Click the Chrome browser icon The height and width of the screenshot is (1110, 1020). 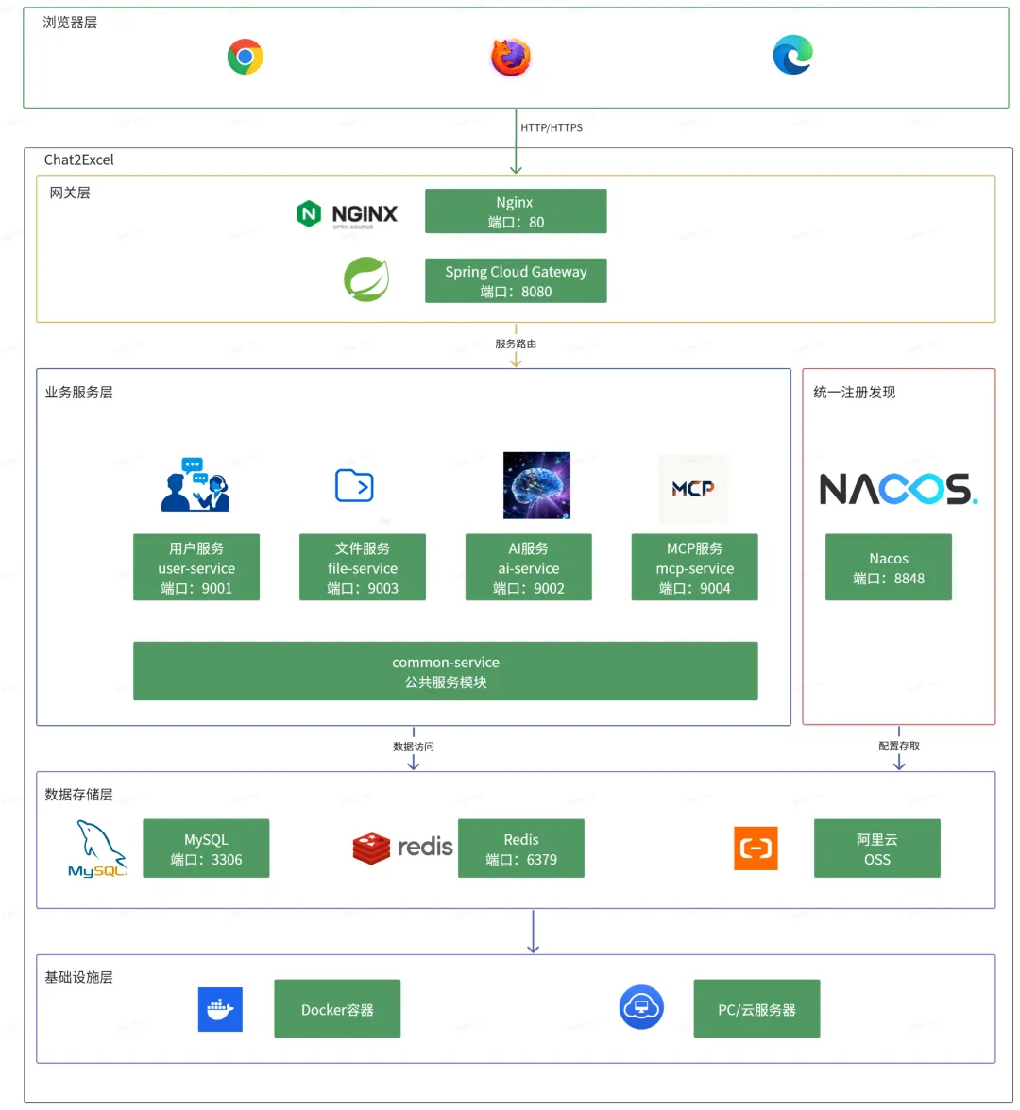(x=246, y=57)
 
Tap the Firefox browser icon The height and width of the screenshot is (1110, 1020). (x=511, y=57)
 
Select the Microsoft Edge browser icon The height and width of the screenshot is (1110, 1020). (x=792, y=55)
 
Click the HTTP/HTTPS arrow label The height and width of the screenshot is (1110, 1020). (x=552, y=127)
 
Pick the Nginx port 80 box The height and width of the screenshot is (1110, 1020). (x=516, y=211)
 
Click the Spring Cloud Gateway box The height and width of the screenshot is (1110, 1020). (x=516, y=280)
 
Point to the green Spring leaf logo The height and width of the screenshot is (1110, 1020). (x=366, y=279)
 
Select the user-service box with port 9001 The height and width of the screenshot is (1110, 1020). (x=196, y=567)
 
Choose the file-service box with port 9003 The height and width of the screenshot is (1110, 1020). (x=363, y=567)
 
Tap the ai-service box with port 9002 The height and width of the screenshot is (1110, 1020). (x=529, y=567)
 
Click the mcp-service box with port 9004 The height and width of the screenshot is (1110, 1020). (x=695, y=567)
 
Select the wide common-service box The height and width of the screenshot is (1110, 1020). (x=446, y=671)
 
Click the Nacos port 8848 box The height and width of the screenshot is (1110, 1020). (x=888, y=567)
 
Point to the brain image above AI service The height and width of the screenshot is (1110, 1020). (x=536, y=485)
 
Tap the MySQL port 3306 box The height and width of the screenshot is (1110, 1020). (x=206, y=848)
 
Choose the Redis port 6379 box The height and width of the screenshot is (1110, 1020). (x=521, y=848)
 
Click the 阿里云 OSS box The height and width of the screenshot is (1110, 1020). (x=876, y=848)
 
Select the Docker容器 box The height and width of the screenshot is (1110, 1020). (x=337, y=1009)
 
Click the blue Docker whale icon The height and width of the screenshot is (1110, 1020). (x=220, y=1009)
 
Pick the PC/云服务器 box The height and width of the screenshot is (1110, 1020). (x=756, y=1009)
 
